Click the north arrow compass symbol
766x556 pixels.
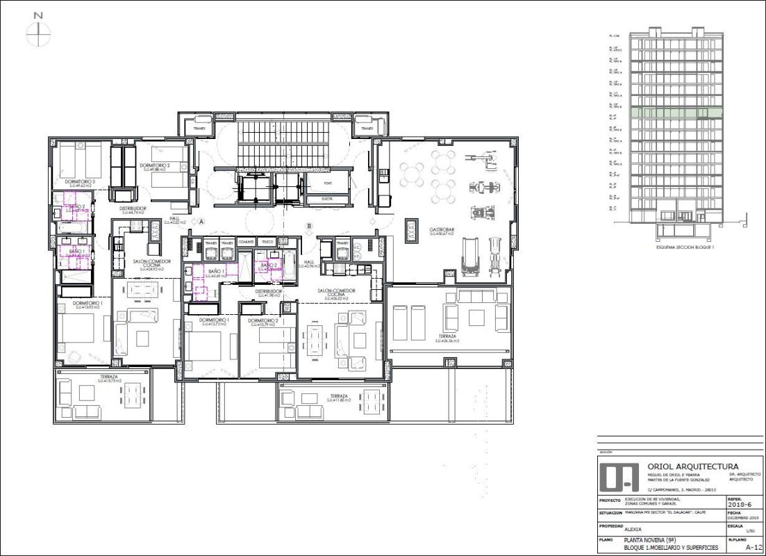point(38,33)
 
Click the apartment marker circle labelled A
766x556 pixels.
point(201,222)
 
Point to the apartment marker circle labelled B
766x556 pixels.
point(310,225)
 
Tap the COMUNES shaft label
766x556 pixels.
point(245,242)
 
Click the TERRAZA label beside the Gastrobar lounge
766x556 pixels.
point(447,337)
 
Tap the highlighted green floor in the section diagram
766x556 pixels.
point(676,113)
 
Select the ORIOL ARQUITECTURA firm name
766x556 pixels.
point(692,466)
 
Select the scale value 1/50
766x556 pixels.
point(749,532)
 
